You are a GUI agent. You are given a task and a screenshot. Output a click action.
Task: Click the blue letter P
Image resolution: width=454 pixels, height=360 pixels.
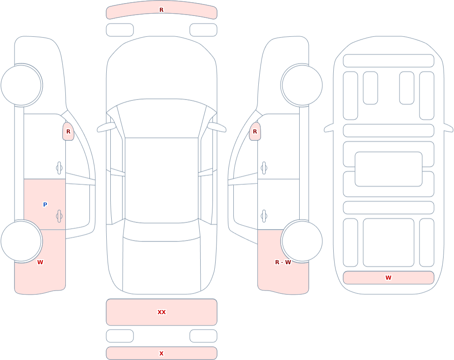pyautogui.click(x=45, y=204)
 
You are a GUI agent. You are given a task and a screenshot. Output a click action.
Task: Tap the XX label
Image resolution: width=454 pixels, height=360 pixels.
pyautogui.click(x=162, y=312)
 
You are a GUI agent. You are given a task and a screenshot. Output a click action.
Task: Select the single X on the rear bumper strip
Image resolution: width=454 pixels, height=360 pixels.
pyautogui.click(x=162, y=353)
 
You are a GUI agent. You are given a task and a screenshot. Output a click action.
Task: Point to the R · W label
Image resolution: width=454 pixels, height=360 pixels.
pyautogui.click(x=283, y=262)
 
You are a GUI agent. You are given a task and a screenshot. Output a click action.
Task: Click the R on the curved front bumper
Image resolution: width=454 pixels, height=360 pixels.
pyautogui.click(x=162, y=10)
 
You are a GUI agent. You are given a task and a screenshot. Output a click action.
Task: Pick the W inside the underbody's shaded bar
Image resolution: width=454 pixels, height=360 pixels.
pyautogui.click(x=388, y=277)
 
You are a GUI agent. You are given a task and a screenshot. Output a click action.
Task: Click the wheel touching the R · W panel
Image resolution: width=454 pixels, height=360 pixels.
pyautogui.click(x=302, y=241)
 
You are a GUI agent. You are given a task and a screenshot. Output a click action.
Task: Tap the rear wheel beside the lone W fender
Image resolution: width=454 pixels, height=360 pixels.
pyautogui.click(x=21, y=241)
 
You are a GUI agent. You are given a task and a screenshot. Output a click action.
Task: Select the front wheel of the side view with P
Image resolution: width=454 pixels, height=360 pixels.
pyautogui.click(x=21, y=85)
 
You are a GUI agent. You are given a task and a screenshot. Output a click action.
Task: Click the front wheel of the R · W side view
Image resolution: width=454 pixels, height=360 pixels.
pyautogui.click(x=302, y=85)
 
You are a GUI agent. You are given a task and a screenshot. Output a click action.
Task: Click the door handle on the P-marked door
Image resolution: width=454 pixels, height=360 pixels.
pyautogui.click(x=59, y=216)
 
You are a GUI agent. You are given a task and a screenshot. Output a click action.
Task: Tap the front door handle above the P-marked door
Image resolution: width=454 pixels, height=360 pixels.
pyautogui.click(x=59, y=168)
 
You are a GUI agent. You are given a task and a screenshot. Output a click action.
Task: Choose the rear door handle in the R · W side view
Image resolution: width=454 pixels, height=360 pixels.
pyautogui.click(x=264, y=216)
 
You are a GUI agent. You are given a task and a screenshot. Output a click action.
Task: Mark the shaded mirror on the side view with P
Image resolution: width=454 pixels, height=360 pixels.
pyautogui.click(x=69, y=132)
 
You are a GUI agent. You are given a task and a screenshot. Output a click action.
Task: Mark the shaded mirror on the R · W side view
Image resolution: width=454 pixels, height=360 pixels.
pyautogui.click(x=255, y=132)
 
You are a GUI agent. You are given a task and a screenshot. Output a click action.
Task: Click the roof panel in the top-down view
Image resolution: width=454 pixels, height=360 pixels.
pyautogui.click(x=162, y=180)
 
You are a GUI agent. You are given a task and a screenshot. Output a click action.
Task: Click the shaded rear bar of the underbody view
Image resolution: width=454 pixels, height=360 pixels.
pyautogui.click(x=389, y=277)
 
